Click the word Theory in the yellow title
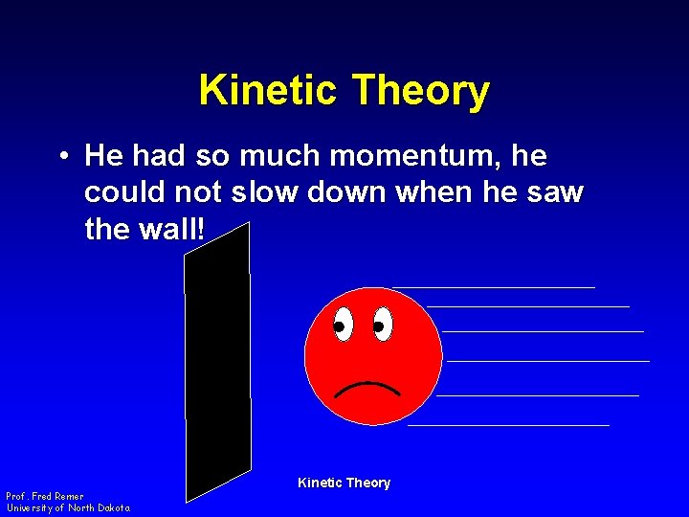421,91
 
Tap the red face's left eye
344,325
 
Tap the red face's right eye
383,325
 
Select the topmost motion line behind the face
493,286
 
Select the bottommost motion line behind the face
508,424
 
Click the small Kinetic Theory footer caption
344,483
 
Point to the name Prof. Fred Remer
44,496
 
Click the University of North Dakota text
68,507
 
